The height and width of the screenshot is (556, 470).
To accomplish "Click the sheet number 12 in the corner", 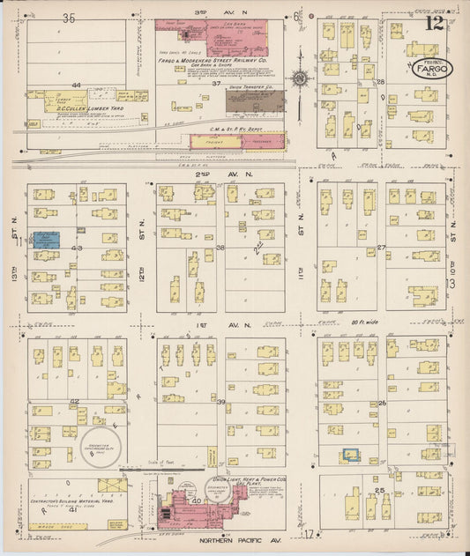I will [434, 25].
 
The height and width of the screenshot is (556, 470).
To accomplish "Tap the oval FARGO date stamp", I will [431, 69].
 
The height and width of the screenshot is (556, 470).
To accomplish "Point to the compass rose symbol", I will [302, 79].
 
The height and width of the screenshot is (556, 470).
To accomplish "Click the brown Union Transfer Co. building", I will [250, 101].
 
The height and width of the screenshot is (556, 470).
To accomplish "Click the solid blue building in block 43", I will [46, 238].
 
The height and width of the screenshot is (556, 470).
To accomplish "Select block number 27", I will [381, 248].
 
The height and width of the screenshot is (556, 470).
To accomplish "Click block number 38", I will [220, 248].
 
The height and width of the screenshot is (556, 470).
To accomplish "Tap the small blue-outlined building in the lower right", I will [351, 455].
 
